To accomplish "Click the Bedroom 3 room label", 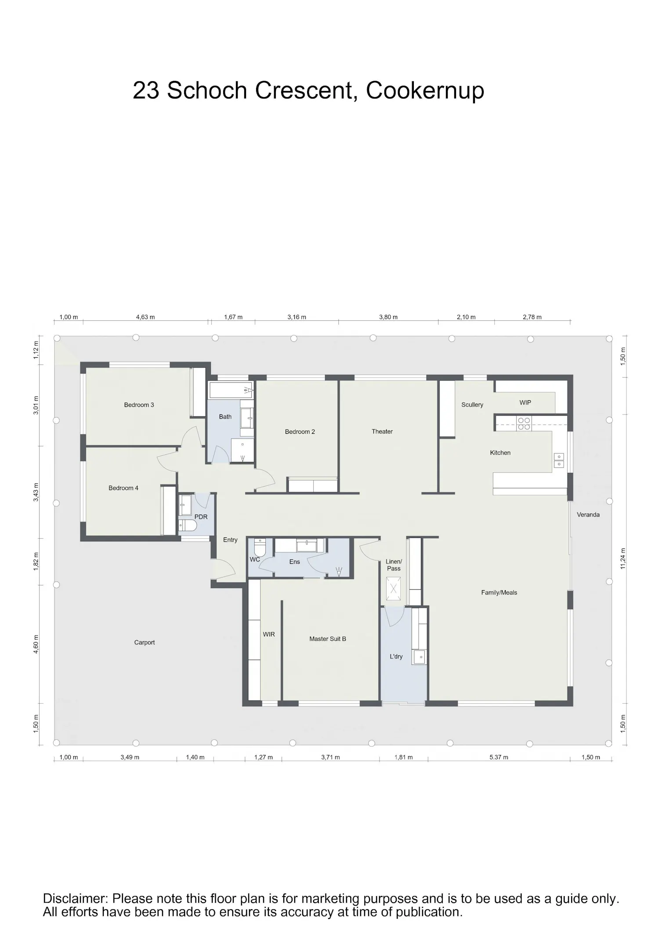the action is tap(139, 405).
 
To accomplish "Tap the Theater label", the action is tap(382, 432).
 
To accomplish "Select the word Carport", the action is tap(145, 643).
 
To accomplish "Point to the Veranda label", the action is tap(588, 515).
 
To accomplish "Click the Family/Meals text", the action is tap(499, 592).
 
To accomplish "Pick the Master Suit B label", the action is tap(328, 639).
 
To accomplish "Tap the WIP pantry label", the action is tap(525, 403).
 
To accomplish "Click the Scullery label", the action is tap(472, 405).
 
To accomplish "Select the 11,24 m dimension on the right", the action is tap(623, 559).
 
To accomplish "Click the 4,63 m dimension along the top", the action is tap(145, 317).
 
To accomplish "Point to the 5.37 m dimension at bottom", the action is tap(499, 757).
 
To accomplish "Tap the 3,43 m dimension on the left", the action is tap(36, 492).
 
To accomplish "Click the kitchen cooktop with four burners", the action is tap(524, 423).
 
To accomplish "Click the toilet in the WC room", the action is tap(260, 548).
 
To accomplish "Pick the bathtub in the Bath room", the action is tap(231, 390).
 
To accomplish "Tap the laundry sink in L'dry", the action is tap(419, 657).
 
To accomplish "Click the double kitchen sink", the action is tap(559, 461).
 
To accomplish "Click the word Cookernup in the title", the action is tap(425, 91).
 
